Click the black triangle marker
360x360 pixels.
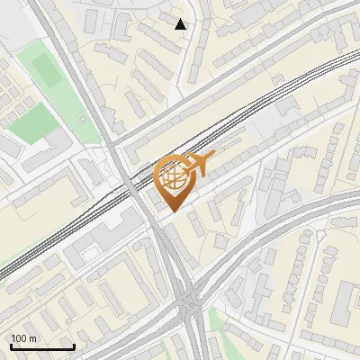pyautogui.click(x=181, y=24)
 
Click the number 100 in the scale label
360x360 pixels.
pyautogui.click(x=19, y=338)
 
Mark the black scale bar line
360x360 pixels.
pyautogui.click(x=42, y=346)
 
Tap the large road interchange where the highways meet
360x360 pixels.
pyautogui.click(x=189, y=302)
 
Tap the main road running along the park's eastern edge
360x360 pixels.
pyautogui.click(x=90, y=99)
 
